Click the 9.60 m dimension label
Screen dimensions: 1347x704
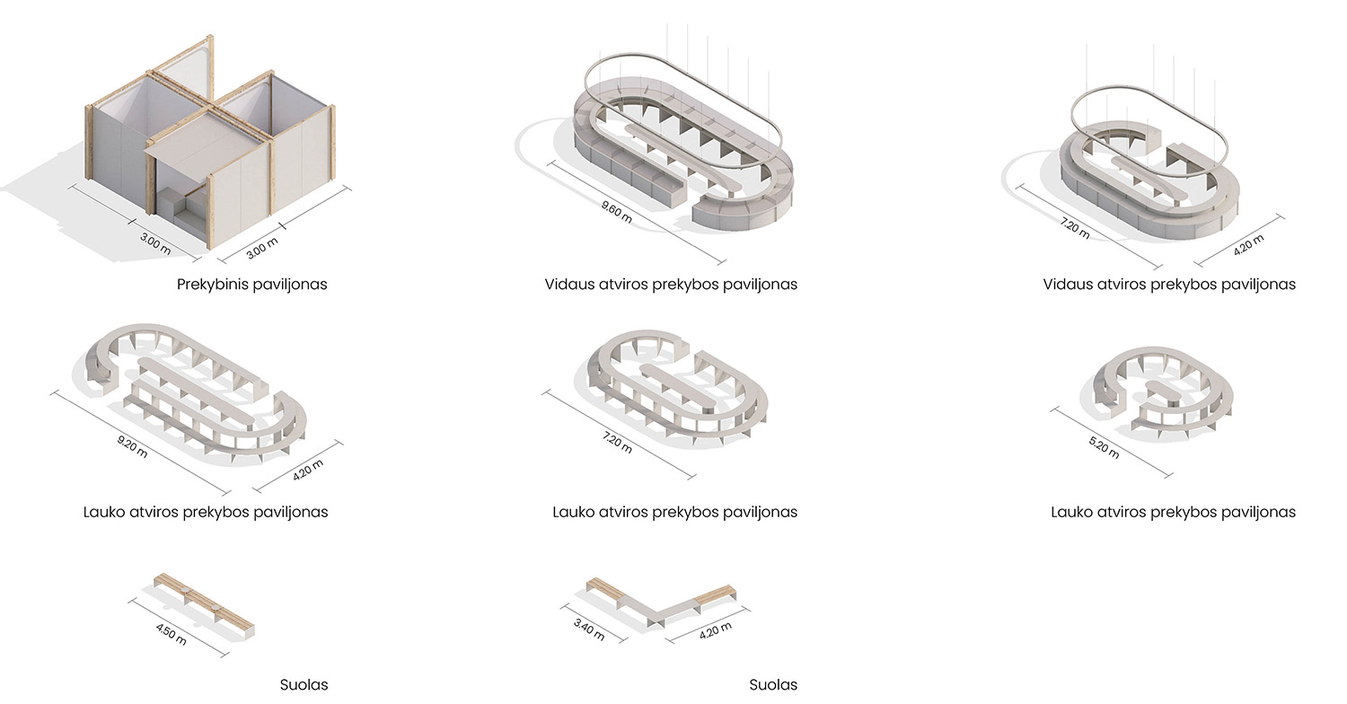tap(616, 212)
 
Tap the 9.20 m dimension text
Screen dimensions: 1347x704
tap(132, 446)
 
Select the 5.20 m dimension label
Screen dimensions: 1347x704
tap(1104, 448)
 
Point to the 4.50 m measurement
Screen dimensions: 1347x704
tap(171, 634)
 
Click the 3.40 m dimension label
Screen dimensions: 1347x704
tap(589, 629)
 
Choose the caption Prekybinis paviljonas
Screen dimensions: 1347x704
tap(252, 285)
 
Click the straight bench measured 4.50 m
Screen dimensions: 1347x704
tap(204, 605)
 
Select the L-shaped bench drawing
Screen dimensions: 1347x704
tap(661, 603)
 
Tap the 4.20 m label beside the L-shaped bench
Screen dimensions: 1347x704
tap(716, 630)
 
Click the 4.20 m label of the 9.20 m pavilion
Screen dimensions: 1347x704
tap(308, 470)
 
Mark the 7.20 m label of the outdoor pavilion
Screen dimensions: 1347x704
tap(617, 443)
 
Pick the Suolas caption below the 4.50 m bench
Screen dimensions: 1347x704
tap(304, 685)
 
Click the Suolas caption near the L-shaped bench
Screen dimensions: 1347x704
tap(773, 685)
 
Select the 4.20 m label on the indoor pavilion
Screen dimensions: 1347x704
tap(1248, 244)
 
